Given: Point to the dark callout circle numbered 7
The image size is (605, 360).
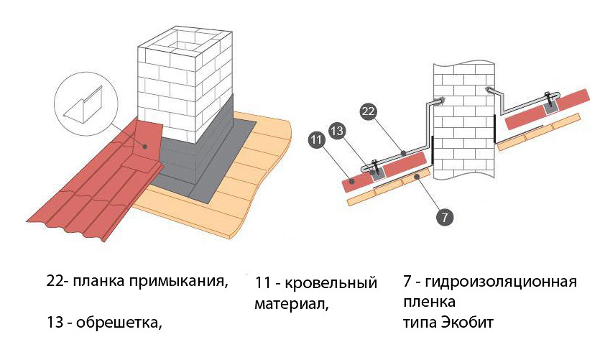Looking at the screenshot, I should [445, 215].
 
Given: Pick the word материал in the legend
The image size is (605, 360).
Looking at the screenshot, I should [290, 305].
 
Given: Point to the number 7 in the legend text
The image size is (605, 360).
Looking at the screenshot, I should [407, 281].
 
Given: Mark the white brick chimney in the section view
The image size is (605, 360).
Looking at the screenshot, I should [463, 122].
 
